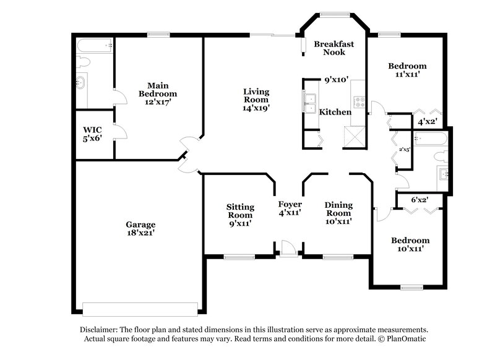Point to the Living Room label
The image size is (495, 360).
(256, 99)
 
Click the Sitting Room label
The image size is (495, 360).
(239, 215)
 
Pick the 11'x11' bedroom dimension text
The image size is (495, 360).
(407, 74)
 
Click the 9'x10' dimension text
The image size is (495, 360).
(337, 80)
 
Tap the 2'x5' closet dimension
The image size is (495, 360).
(404, 149)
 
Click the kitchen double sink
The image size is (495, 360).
(309, 103)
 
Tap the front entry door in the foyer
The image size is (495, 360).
(287, 248)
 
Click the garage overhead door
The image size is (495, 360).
(140, 307)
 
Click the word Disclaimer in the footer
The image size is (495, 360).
(101, 330)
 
